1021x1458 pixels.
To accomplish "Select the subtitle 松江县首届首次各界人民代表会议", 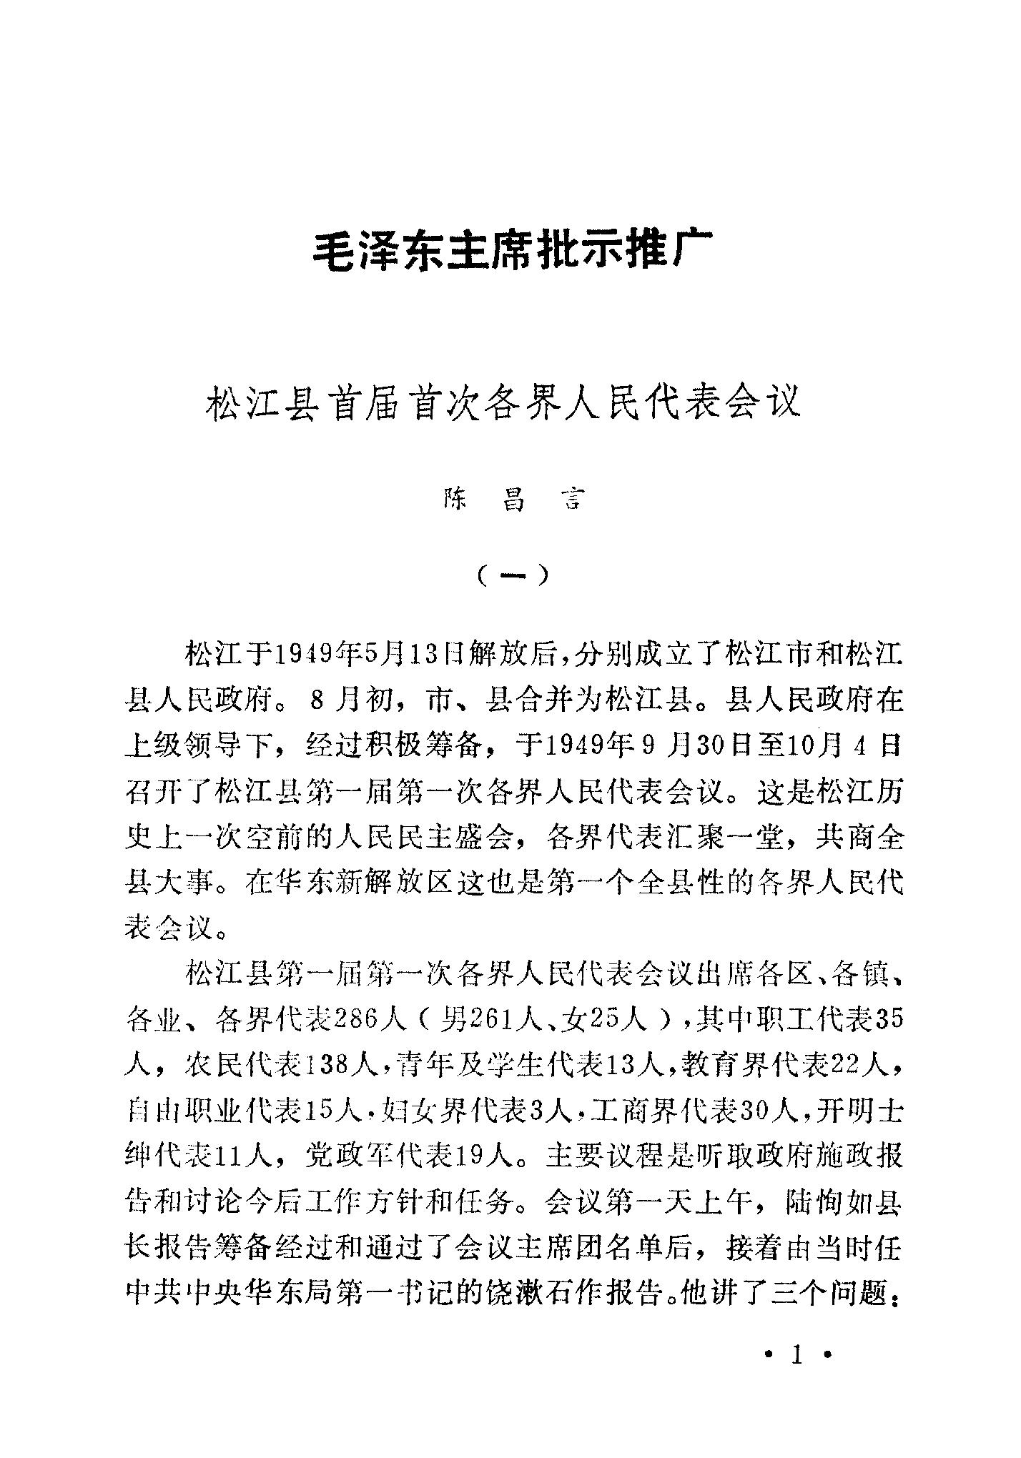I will (x=503, y=402).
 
